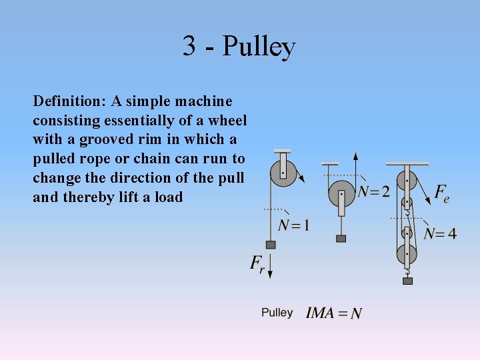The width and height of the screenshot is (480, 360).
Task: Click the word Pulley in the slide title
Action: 259,47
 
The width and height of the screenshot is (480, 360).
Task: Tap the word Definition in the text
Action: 68,101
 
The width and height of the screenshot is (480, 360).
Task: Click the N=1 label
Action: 293,225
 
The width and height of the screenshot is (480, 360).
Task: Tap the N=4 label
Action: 440,234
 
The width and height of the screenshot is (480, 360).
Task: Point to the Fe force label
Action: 441,193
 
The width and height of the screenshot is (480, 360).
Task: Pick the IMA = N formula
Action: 334,313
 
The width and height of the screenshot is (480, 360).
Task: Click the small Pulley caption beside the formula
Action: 277,313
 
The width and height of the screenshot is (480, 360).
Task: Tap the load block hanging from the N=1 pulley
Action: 271,245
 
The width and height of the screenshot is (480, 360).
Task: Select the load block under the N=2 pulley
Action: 341,238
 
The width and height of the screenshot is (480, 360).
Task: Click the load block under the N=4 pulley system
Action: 407,281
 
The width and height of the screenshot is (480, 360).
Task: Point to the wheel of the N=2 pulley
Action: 341,193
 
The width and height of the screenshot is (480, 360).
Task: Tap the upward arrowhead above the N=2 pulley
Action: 356,156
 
